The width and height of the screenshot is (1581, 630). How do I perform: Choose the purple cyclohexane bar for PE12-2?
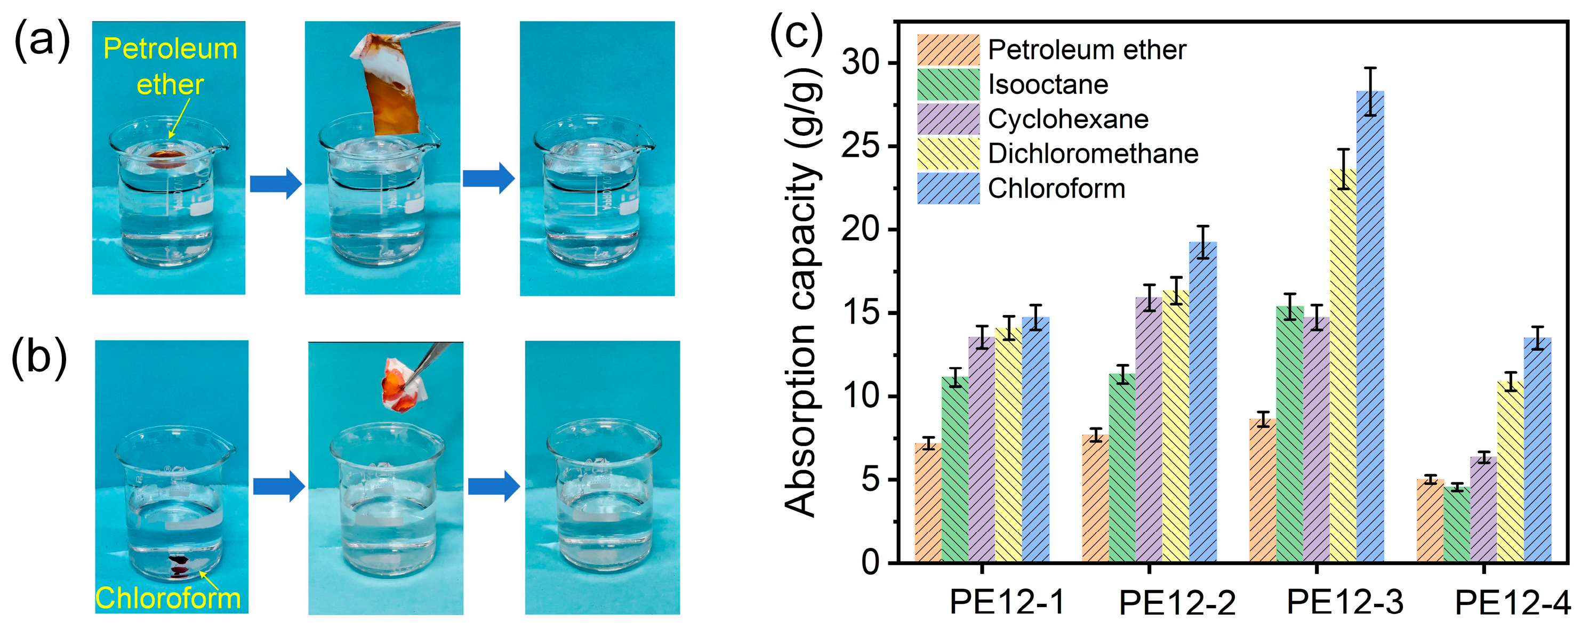click(x=1149, y=430)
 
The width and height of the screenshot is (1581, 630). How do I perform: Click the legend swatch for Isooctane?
click(x=948, y=85)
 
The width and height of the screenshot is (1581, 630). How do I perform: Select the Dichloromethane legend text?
click(x=1093, y=154)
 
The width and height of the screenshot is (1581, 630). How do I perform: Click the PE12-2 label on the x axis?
click(x=1176, y=602)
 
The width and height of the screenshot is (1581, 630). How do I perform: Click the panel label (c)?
click(x=796, y=34)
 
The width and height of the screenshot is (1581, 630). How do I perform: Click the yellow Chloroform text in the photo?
click(x=167, y=597)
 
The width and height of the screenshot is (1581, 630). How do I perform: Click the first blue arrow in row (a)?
click(x=276, y=183)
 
